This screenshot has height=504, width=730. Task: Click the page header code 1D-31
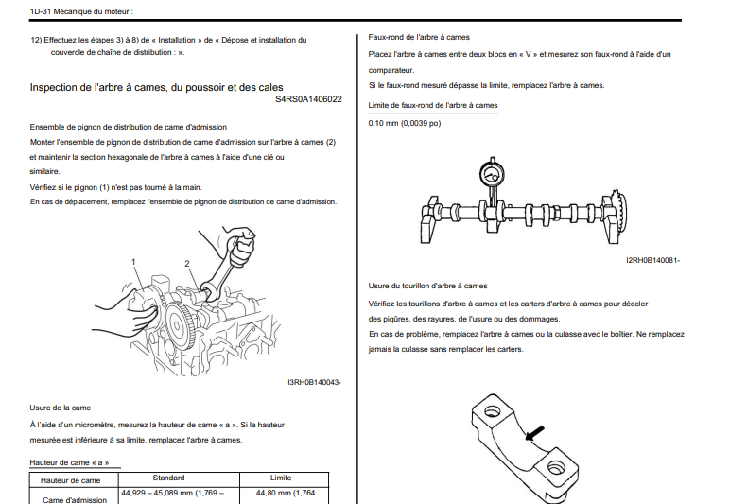point(42,11)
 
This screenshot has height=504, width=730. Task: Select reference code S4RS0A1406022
point(308,98)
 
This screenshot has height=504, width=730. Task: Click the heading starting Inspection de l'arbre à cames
point(156,87)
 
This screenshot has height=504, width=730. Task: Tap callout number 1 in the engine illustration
point(134,262)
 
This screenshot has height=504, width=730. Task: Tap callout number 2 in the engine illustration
point(187,264)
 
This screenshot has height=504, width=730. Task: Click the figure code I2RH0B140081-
point(652,261)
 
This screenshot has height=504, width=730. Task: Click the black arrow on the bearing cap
point(535,432)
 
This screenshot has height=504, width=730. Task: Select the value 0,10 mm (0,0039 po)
point(405,123)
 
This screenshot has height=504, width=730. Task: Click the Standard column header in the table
point(168,478)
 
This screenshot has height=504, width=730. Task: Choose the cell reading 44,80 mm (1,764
point(287,494)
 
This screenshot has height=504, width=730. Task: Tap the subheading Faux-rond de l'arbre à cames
point(419,36)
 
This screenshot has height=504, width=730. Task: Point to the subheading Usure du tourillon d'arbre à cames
point(427,285)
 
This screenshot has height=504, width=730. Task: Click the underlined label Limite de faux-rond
point(432,105)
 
